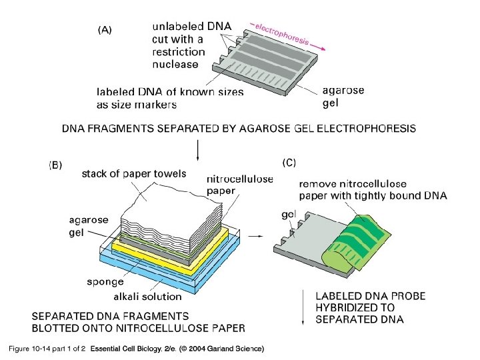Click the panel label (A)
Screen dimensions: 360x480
[x=105, y=30]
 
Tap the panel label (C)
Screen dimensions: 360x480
[x=288, y=161]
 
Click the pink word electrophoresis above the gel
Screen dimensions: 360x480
[x=281, y=31]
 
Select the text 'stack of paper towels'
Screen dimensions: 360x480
[x=133, y=175]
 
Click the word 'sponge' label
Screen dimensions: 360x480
[x=105, y=282]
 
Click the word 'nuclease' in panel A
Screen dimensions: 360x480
[x=175, y=65]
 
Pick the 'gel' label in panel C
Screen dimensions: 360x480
[x=288, y=215]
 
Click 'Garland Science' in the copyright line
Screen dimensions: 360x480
[x=236, y=349]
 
